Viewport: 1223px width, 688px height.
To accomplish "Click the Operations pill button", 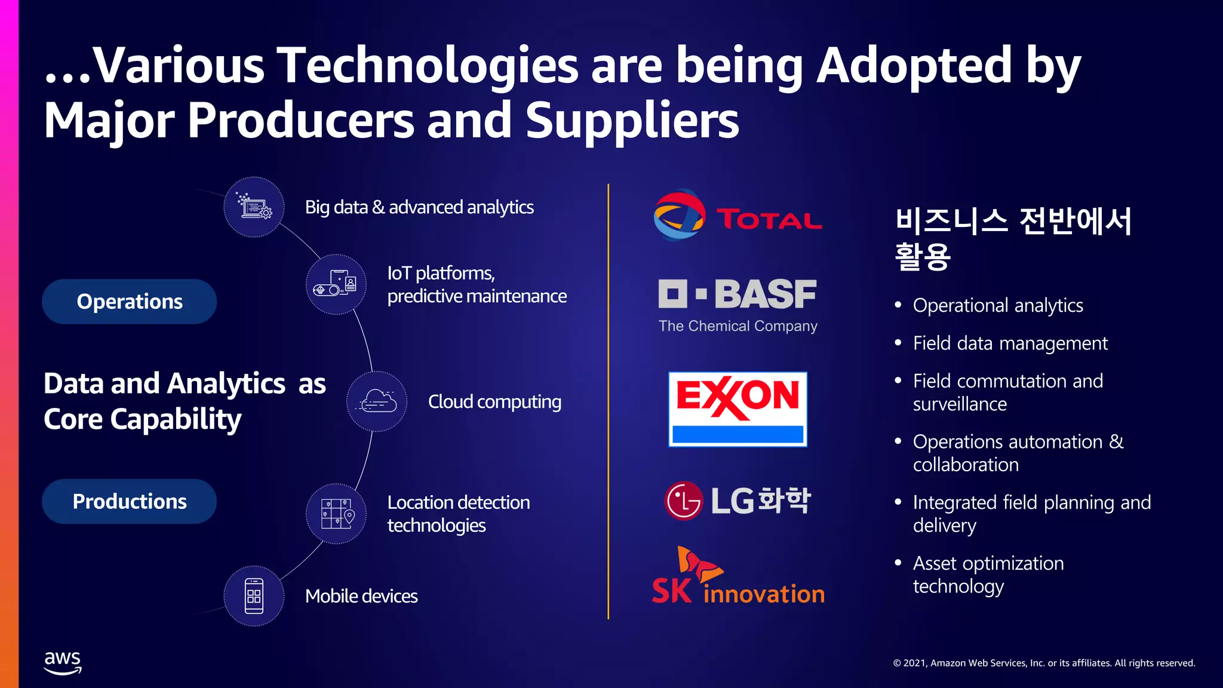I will coord(129,302).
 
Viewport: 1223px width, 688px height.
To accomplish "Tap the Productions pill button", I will coord(129,502).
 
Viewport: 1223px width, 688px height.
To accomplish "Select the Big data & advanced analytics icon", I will coord(254,207).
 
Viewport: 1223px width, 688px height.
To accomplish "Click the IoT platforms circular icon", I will coord(336,284).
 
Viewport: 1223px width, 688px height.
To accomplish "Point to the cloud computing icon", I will coord(377,401).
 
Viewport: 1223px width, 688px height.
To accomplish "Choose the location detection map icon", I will coord(336,514).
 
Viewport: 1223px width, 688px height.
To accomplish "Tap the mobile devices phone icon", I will coord(254,596).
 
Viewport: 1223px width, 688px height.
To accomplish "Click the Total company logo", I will coord(738,216).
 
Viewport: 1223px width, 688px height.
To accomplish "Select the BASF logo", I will coord(738,305).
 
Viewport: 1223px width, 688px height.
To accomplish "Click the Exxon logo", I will coord(738,409).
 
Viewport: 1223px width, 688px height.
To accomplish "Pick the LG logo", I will coord(738,500).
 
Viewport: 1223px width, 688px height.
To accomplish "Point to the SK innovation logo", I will coord(738,577).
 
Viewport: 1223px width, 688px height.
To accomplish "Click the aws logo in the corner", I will coord(63,662).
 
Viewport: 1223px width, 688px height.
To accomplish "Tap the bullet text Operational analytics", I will coord(997,306).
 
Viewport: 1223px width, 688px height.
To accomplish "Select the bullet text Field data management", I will coord(1010,343).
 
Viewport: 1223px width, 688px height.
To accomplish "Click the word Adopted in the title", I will coord(914,65).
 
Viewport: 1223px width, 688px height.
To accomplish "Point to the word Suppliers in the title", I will coord(632,120).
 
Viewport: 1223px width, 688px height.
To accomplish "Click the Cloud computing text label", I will coord(494,402).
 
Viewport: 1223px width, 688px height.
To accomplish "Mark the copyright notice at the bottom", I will coord(1044,663).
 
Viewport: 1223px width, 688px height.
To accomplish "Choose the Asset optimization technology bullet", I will coord(988,575).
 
